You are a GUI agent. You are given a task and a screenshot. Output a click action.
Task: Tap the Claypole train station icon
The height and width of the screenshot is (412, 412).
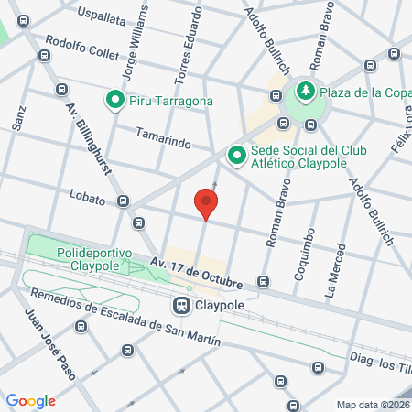[182, 303]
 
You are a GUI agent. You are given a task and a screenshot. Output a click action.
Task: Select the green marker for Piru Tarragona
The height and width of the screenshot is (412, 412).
[115, 101]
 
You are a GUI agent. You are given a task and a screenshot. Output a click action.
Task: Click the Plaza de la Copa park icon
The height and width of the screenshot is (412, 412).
[303, 91]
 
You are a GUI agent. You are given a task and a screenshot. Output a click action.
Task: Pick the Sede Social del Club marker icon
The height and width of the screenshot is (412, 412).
[236, 157]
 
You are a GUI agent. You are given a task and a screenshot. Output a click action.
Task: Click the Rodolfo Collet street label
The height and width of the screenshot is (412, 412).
[82, 48]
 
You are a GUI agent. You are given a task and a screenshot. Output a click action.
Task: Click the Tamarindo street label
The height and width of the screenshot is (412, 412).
[164, 143]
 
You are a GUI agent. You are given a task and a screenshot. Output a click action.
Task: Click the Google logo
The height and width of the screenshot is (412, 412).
[30, 400]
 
